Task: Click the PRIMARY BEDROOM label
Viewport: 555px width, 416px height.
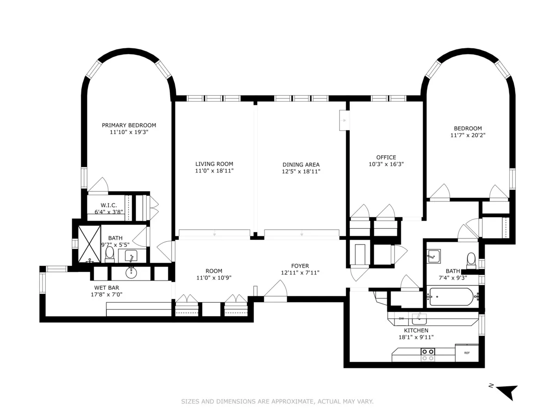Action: [129, 125]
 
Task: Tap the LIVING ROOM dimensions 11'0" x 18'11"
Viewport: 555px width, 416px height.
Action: [214, 171]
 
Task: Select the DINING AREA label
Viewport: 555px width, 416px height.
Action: [301, 165]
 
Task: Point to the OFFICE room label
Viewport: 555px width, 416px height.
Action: [386, 157]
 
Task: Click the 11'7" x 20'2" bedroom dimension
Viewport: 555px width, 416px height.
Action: [468, 135]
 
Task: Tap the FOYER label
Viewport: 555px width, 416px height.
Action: [300, 266]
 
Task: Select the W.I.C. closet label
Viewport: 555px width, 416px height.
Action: [109, 205]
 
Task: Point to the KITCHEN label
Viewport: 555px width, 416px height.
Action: [416, 330]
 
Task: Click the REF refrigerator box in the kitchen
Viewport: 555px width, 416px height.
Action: [467, 353]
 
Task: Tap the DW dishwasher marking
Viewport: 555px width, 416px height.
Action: [401, 318]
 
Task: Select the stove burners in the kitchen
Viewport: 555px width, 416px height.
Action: [428, 355]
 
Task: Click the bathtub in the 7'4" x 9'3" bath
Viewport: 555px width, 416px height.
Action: [451, 297]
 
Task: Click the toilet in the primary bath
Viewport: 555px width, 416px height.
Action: [110, 254]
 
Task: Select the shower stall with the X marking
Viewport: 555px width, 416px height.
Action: [89, 243]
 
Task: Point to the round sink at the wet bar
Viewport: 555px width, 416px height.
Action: [132, 273]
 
